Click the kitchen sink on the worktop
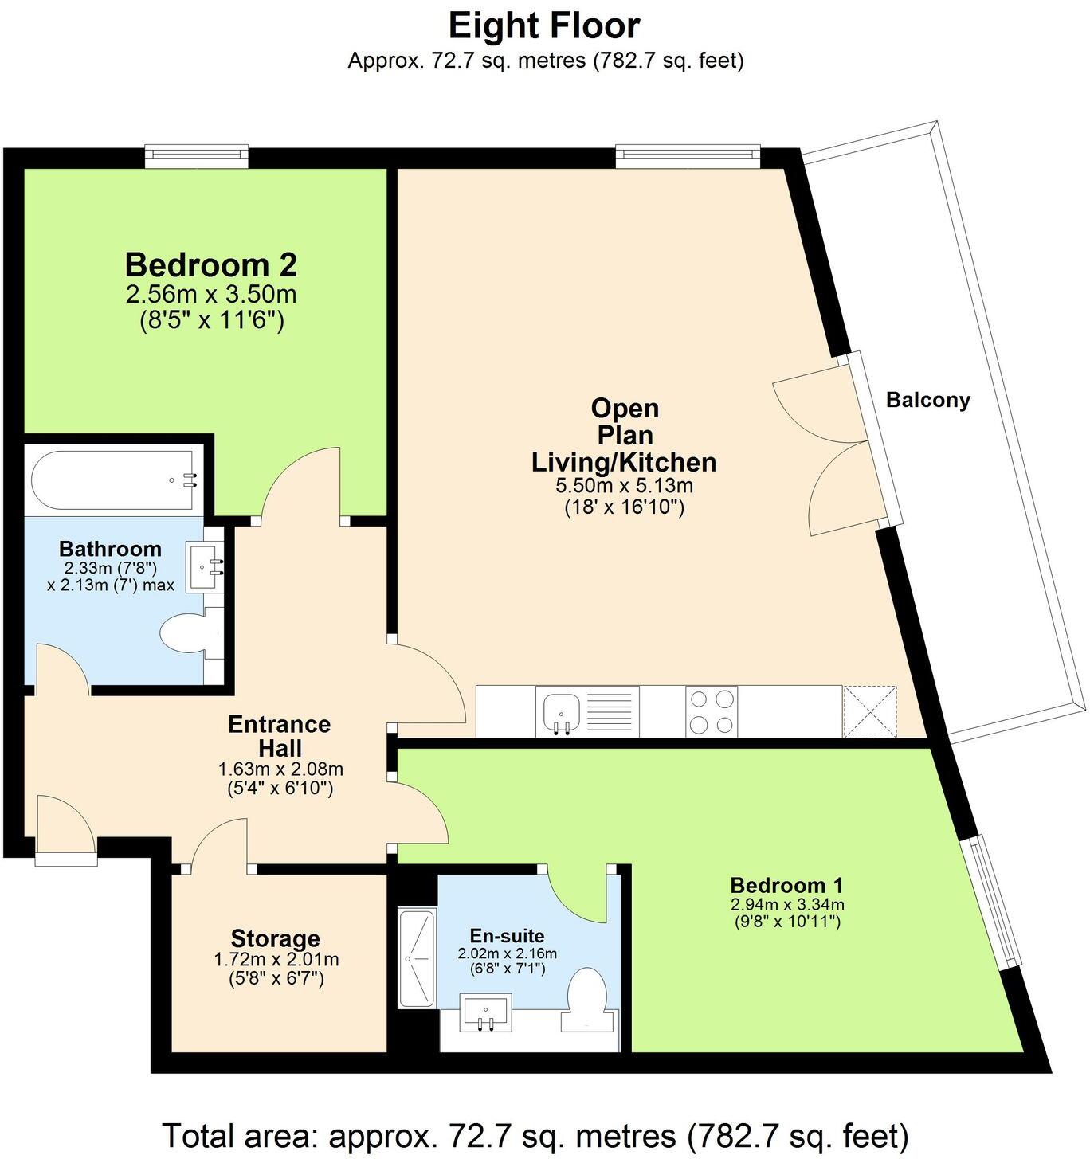click(x=562, y=711)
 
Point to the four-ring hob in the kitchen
click(x=712, y=711)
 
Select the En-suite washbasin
click(x=485, y=1012)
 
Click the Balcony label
click(x=927, y=400)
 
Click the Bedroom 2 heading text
click(x=211, y=264)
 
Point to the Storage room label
click(x=275, y=938)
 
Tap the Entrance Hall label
click(x=279, y=736)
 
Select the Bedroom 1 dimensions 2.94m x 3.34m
click(x=786, y=904)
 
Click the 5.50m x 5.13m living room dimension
click(x=624, y=486)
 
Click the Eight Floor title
click(x=544, y=25)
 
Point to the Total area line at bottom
click(x=535, y=1134)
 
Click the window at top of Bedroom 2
click(x=197, y=156)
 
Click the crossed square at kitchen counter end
click(x=869, y=711)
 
